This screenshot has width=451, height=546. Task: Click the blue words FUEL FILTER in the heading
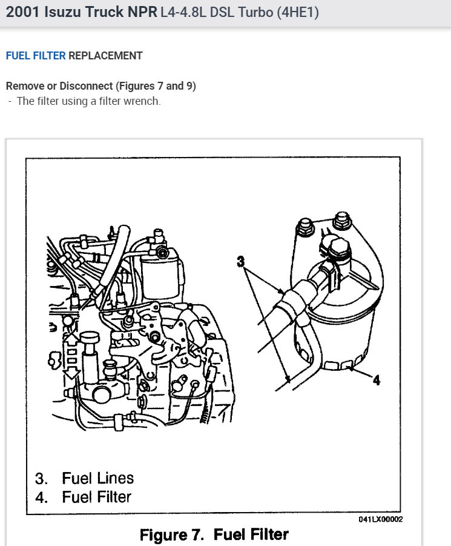click(x=36, y=56)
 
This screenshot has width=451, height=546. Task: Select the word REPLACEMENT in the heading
click(x=105, y=56)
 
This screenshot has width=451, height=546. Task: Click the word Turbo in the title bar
click(x=253, y=13)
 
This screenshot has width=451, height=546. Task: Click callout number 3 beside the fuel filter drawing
click(x=241, y=262)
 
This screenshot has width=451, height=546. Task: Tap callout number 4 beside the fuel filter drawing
click(x=376, y=381)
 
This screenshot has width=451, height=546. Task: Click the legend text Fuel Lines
click(x=97, y=478)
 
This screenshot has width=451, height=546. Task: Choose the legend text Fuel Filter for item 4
click(x=96, y=498)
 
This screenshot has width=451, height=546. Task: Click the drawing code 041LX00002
click(x=380, y=519)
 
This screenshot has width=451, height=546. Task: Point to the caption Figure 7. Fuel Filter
click(x=214, y=535)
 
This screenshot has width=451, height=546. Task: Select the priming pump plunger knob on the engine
click(x=90, y=338)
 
